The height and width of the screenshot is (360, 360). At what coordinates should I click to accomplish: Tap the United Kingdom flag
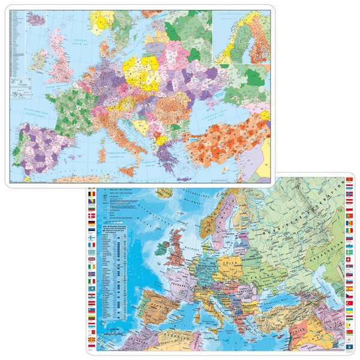[x=91, y=258]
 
